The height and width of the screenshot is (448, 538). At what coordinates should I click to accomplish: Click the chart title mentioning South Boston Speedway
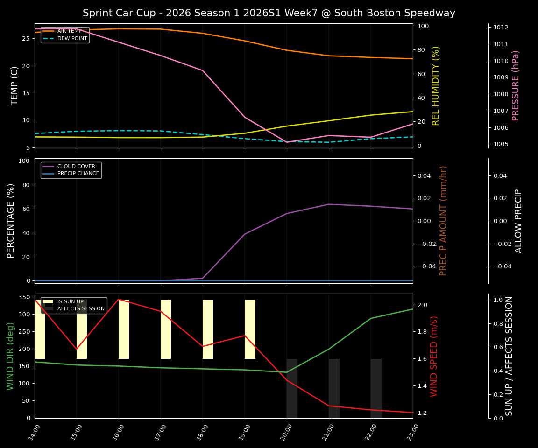click(269, 13)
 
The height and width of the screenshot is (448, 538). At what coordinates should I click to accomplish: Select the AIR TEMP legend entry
click(69, 31)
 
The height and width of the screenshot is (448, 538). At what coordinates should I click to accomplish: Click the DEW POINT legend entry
click(72, 39)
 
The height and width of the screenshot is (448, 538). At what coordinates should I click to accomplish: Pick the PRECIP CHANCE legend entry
click(78, 174)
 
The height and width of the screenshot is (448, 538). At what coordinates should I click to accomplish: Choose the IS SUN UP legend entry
click(70, 301)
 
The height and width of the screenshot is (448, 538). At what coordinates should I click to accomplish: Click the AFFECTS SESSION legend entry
click(81, 308)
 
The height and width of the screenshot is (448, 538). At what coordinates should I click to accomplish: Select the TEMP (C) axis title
click(15, 85)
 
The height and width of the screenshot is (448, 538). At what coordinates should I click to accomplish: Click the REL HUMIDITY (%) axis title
click(436, 85)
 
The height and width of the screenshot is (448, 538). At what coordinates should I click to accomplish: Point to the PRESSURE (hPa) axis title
click(516, 85)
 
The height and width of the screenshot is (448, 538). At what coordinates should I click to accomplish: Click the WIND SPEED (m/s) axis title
click(434, 356)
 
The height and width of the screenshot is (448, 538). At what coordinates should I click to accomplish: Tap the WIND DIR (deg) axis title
click(10, 356)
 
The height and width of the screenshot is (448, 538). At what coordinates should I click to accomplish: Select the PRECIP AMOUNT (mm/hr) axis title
click(444, 220)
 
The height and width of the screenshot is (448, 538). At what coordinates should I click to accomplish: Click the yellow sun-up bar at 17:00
click(166, 329)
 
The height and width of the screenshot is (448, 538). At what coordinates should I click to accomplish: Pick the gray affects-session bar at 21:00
click(334, 388)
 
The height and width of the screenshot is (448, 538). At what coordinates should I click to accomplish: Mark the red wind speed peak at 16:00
click(119, 299)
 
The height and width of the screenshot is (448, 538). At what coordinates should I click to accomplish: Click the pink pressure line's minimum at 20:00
click(287, 142)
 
